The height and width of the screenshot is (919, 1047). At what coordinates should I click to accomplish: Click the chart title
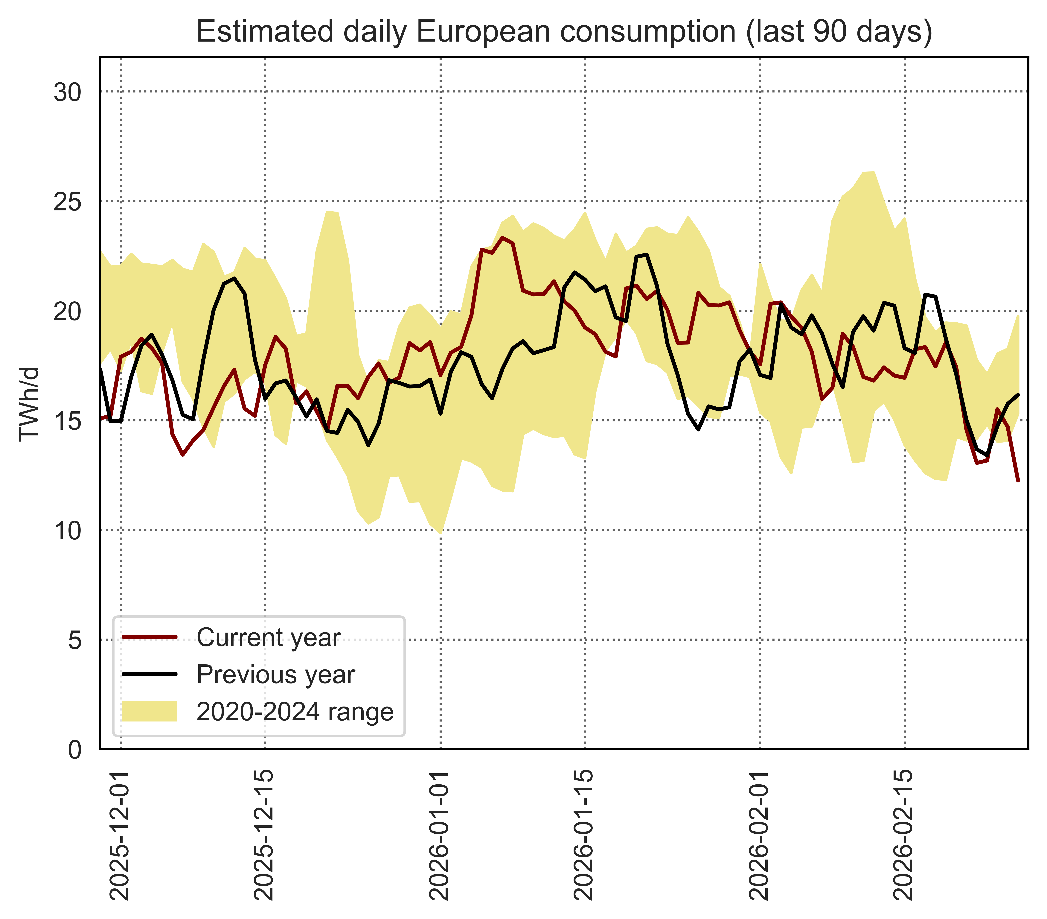(564, 32)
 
